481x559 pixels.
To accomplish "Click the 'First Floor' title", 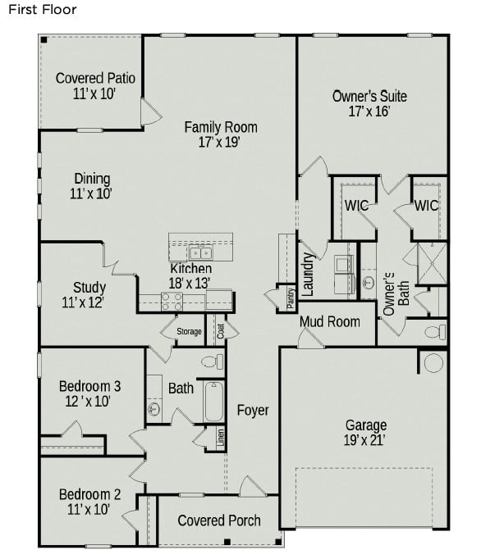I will click(43, 11).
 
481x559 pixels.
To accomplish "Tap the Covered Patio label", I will click(95, 79).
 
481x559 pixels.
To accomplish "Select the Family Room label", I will click(220, 127).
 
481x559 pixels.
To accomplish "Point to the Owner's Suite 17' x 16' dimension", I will click(369, 111).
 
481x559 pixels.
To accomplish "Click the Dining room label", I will click(92, 180).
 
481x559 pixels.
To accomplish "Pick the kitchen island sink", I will click(200, 252).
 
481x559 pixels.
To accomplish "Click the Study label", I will click(89, 288).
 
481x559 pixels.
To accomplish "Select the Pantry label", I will click(291, 298).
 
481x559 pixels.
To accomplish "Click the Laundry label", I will click(309, 274).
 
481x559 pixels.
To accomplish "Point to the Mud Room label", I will click(329, 321).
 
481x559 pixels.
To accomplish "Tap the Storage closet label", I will click(189, 332).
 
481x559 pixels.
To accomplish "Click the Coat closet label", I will click(220, 331).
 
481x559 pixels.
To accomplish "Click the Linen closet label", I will click(221, 438).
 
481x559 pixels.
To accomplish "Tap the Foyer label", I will click(253, 410).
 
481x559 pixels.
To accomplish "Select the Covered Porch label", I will click(219, 520).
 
